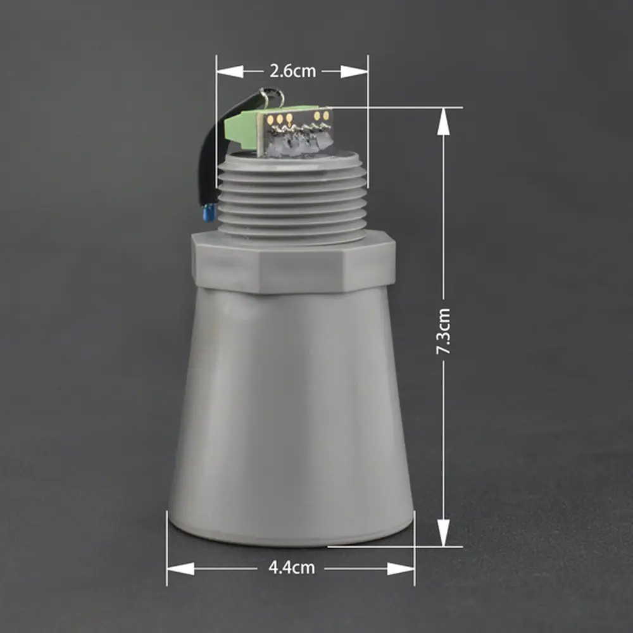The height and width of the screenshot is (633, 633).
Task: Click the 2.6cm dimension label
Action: pos(292,72)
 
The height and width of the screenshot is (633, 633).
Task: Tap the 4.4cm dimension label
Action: pos(291,568)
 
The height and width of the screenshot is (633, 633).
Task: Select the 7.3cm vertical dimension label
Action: pos(443,332)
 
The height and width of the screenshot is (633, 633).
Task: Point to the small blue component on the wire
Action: pos(209,212)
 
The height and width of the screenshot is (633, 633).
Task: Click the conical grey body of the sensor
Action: pos(291,416)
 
